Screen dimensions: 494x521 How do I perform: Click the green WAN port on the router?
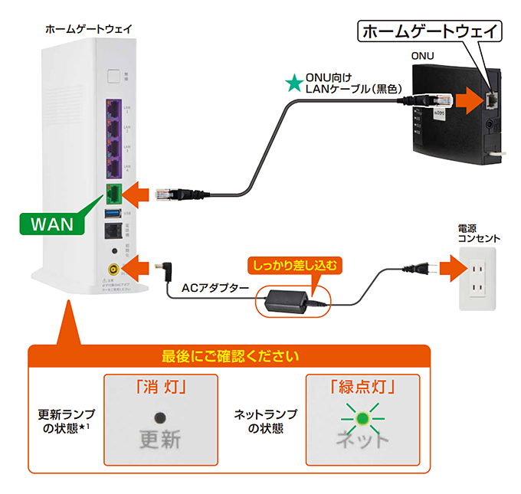coord(113,193)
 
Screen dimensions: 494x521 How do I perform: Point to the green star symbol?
coord(293,82)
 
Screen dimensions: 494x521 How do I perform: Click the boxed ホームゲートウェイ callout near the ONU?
coord(431,32)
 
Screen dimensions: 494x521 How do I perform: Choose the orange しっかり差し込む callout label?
coord(295,266)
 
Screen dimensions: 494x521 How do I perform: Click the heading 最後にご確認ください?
coord(230,357)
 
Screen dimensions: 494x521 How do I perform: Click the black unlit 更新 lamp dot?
coord(160,417)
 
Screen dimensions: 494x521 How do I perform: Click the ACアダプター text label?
coord(215,288)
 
